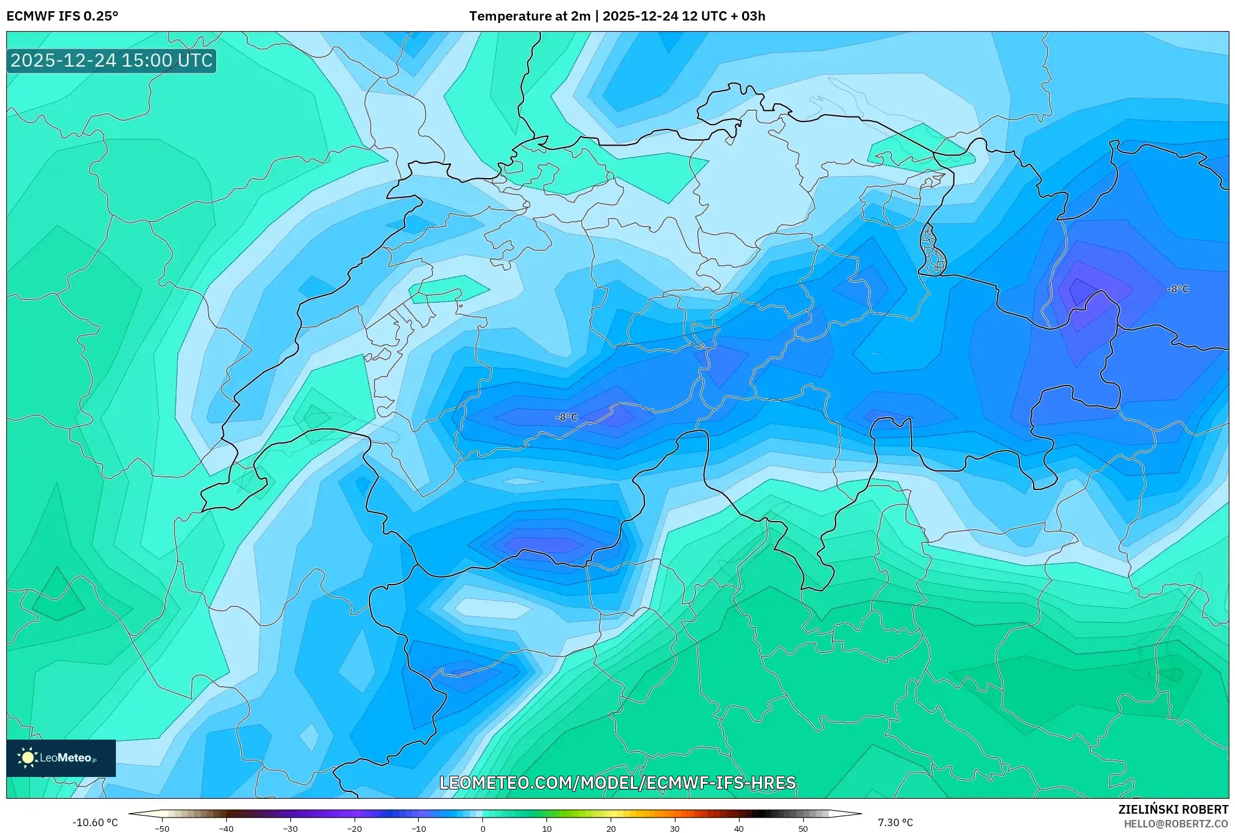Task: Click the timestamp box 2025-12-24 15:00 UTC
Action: coord(112,60)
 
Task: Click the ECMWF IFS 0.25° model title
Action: coord(62,16)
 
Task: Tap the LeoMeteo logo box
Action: coord(61,758)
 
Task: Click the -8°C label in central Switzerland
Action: coord(566,417)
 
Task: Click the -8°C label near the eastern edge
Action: coord(1178,289)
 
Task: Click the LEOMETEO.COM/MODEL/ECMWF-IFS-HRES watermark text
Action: coord(617,783)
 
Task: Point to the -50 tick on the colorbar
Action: coord(162,829)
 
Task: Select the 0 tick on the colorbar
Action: coord(482,829)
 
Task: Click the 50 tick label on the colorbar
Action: coord(803,829)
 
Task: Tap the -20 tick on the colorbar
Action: coord(354,829)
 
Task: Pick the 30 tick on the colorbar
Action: coord(675,829)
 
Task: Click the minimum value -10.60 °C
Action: coord(95,822)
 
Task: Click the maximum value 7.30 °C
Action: coord(895,822)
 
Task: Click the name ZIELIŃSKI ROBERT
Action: coord(1173,809)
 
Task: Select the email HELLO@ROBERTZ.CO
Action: coord(1176,824)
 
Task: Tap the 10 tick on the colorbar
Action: coord(546,829)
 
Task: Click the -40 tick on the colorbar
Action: coord(226,829)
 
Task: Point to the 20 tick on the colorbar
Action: coord(611,829)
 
